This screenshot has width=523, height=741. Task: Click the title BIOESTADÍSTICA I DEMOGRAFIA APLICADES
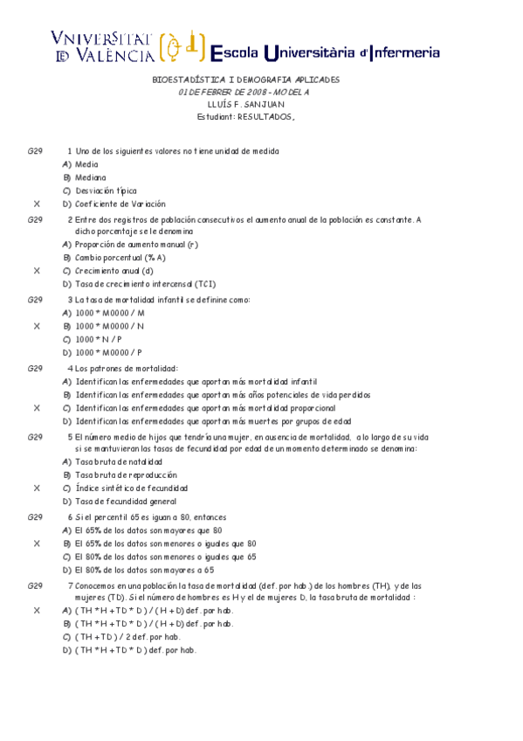[x=245, y=80]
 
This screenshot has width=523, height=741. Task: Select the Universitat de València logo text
[x=103, y=47]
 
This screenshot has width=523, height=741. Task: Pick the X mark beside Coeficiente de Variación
[x=37, y=204]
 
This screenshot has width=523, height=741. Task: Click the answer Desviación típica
[x=106, y=190]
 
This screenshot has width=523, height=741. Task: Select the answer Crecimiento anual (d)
[x=114, y=271]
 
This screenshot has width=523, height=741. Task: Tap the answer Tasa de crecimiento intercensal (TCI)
[x=145, y=284]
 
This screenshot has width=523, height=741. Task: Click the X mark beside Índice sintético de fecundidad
[x=37, y=488]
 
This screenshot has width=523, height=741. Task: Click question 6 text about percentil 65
[x=150, y=516]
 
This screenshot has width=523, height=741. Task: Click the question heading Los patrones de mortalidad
[x=127, y=368]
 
